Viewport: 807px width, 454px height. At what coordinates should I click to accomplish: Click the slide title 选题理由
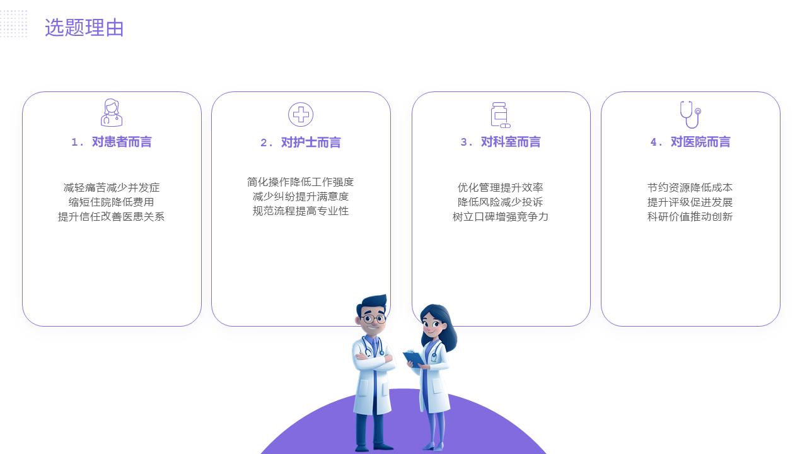(84, 28)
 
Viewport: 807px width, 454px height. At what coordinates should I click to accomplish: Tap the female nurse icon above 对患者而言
(112, 112)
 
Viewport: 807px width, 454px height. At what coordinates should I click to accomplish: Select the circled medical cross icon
(301, 115)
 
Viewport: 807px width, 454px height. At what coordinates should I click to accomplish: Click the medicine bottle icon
(501, 115)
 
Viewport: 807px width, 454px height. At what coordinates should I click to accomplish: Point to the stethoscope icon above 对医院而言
(690, 114)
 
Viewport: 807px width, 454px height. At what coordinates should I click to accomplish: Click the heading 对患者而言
(122, 142)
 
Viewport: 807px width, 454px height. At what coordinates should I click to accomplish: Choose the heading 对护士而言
(311, 143)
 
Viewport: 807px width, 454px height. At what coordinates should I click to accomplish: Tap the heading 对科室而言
(511, 142)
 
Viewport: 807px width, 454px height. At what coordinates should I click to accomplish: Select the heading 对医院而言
(700, 142)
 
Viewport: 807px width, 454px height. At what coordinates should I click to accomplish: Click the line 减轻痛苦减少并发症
(112, 188)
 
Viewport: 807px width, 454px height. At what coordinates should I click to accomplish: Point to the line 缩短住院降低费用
(112, 202)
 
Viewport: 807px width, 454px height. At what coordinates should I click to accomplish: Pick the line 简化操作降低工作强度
(301, 182)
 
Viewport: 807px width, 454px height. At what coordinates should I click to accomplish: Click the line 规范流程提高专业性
(301, 211)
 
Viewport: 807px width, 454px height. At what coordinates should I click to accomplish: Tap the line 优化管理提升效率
(501, 188)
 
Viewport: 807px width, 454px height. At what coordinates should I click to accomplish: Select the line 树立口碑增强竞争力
(501, 216)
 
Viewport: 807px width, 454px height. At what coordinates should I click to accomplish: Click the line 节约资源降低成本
(690, 188)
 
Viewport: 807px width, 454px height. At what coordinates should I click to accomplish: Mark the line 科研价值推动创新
(690, 216)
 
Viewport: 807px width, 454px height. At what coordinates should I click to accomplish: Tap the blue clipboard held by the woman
(414, 359)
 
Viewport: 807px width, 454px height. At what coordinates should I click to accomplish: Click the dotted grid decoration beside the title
(13, 23)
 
